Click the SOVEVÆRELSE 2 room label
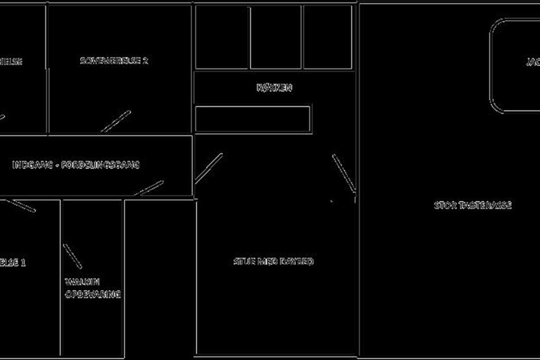coord(114,61)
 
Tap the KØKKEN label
coord(274,88)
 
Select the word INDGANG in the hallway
coord(28,165)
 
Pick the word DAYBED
coord(297,261)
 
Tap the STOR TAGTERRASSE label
coord(472,206)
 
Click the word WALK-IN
coord(82,282)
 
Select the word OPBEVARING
coord(93,295)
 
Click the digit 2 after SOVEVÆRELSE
coord(145,61)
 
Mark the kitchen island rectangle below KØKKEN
coord(253,119)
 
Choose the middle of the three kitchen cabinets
coord(275,37)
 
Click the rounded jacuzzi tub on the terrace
coord(515,65)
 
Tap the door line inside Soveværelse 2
coord(116,121)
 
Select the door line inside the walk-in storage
coord(72,256)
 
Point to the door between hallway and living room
coord(209,168)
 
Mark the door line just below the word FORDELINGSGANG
coord(149,188)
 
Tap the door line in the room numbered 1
coord(20,205)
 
